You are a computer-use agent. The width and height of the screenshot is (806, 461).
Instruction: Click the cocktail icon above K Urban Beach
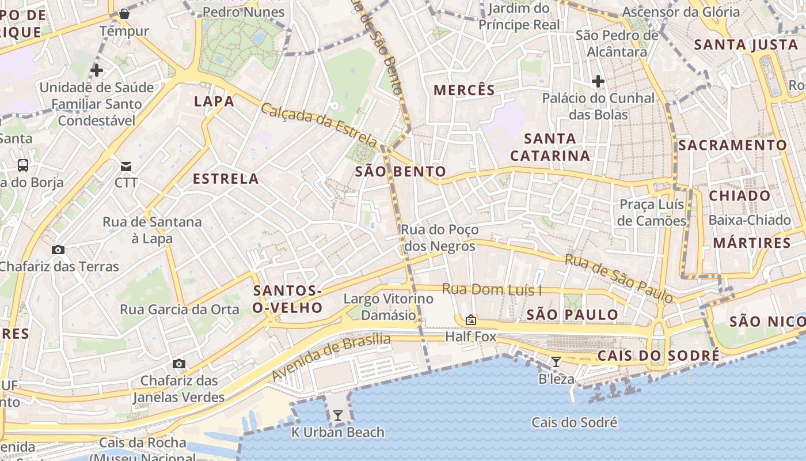click(337, 415)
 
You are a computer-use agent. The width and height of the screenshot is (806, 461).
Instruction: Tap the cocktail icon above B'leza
click(556, 362)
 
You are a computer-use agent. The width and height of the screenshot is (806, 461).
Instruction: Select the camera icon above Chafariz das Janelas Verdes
click(179, 364)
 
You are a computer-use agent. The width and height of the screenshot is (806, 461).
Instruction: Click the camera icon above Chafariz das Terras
click(58, 250)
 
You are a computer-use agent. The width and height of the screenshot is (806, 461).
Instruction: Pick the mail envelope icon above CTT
click(126, 167)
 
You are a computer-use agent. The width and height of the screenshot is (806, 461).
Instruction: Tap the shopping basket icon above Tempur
click(124, 14)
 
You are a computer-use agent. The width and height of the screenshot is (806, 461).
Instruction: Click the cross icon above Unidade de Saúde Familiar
click(97, 70)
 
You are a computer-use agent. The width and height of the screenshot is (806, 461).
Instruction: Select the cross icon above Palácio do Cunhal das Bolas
click(598, 81)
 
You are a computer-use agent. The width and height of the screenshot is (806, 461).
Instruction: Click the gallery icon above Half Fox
click(471, 319)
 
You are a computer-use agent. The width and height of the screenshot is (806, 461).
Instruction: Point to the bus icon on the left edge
click(23, 165)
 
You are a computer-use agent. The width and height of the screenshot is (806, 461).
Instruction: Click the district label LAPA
click(214, 101)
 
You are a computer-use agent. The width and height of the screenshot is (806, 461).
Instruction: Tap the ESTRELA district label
click(226, 179)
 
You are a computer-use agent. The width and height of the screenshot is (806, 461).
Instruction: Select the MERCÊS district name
click(464, 90)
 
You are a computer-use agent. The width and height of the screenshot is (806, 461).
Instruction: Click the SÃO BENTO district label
click(401, 171)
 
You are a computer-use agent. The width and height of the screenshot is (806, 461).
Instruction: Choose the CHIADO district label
click(739, 195)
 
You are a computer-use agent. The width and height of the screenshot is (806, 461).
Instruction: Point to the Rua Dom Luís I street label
click(492, 289)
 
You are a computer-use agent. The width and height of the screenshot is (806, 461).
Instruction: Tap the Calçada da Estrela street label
click(320, 125)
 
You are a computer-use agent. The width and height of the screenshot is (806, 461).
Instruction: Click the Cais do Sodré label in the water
click(574, 422)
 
